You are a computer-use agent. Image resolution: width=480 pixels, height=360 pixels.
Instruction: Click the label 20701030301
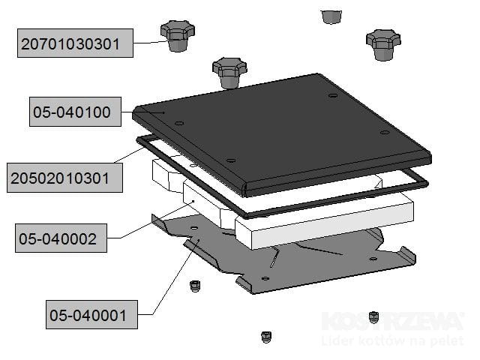[x=76, y=43]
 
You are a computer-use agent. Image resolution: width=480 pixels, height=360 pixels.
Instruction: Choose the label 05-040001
[x=92, y=313]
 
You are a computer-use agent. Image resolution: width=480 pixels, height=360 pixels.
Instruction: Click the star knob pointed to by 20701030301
[x=177, y=35]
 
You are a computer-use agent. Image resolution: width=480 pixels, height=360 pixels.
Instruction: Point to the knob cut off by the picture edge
[x=330, y=15]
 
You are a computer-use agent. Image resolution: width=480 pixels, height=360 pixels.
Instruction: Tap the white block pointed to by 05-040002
[x=202, y=202]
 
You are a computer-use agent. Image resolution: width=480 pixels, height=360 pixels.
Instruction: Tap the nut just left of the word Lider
[x=265, y=337]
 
